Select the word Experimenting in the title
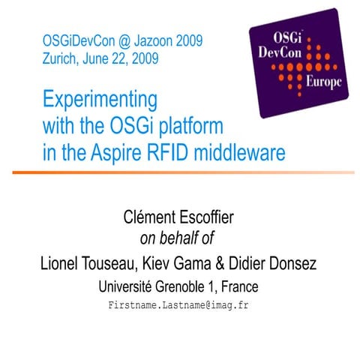click(x=100, y=100)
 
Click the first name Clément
click(x=150, y=218)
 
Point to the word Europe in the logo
click(x=323, y=81)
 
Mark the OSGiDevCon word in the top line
click(x=76, y=40)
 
